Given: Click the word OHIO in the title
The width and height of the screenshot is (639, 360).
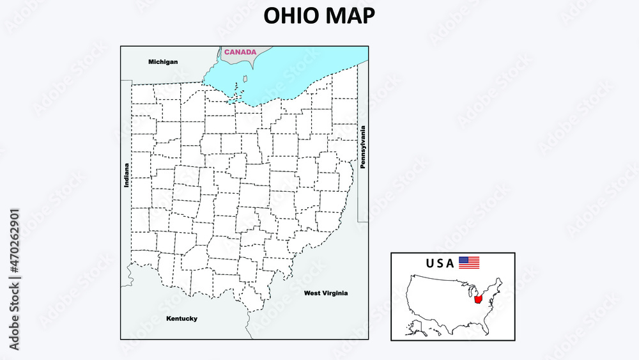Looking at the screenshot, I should coord(289,16).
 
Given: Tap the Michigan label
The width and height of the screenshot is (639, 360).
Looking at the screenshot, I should coord(163,62).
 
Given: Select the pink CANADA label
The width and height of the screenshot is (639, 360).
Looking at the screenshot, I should coord(240,52).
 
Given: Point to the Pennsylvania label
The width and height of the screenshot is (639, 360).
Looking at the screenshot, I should coord(363,146).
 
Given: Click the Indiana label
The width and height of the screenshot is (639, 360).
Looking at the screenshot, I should coord(127,175).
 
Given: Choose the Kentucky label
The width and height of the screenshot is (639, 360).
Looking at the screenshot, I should coord(181,318).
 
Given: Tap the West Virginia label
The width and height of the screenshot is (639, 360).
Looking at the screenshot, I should coord(326,293).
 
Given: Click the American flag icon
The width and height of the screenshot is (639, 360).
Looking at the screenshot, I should coord(469,262).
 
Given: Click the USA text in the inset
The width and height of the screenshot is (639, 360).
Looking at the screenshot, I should coord(440,263).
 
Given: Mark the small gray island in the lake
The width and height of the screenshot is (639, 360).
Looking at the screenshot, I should coord(245,79).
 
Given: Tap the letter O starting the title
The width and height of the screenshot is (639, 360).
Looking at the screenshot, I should coord(273,16).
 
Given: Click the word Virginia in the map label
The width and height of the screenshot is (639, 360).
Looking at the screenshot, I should coord(335,293).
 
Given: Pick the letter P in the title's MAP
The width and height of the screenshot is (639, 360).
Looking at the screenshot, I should coord(367,16).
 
